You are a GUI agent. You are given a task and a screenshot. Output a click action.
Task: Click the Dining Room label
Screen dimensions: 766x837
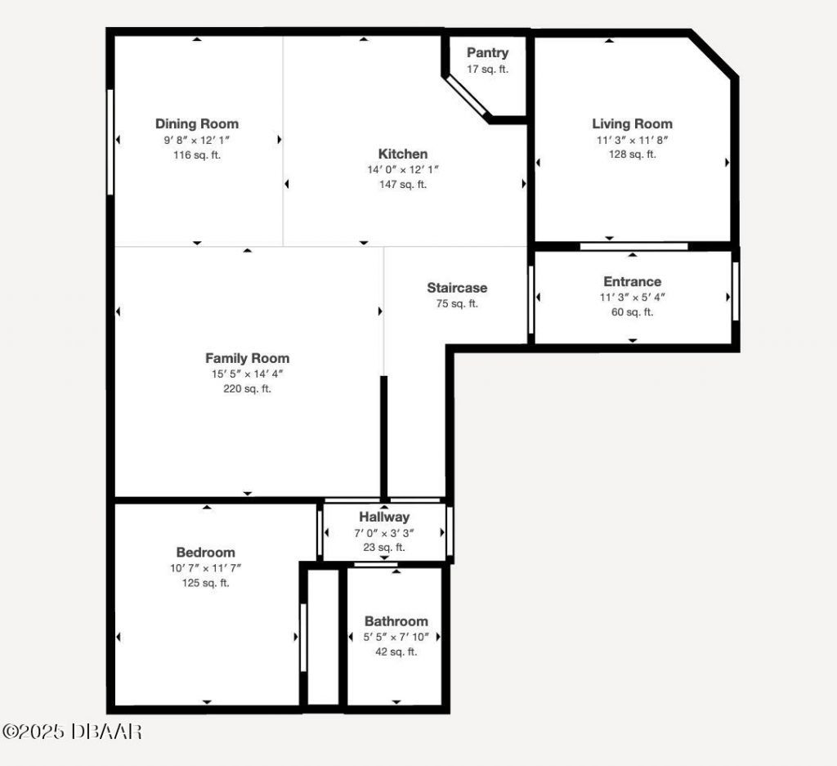pyautogui.click(x=197, y=124)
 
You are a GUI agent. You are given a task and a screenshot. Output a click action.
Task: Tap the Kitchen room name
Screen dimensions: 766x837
pyautogui.click(x=402, y=154)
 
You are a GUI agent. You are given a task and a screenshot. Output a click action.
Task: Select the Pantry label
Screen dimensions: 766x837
pyautogui.click(x=487, y=53)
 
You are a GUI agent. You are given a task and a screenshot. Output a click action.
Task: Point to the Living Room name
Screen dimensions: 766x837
pyautogui.click(x=632, y=124)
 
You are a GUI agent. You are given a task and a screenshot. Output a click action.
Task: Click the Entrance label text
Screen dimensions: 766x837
pyautogui.click(x=632, y=282)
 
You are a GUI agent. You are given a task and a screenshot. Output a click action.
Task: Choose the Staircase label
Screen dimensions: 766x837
pyautogui.click(x=457, y=288)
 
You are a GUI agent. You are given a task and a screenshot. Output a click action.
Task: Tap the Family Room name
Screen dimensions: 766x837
pyautogui.click(x=247, y=358)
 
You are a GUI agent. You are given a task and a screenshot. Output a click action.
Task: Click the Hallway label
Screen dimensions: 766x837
pyautogui.click(x=384, y=517)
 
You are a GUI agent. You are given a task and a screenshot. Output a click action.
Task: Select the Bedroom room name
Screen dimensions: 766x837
pyautogui.click(x=205, y=553)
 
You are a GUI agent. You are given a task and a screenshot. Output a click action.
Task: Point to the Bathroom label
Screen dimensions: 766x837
pyautogui.click(x=396, y=621)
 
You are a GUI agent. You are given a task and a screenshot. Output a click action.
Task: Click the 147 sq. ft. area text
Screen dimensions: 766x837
pyautogui.click(x=402, y=185)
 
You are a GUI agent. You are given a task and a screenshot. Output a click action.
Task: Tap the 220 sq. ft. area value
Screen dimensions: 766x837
pyautogui.click(x=247, y=389)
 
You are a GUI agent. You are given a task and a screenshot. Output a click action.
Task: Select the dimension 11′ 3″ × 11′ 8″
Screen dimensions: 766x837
pyautogui.click(x=632, y=140)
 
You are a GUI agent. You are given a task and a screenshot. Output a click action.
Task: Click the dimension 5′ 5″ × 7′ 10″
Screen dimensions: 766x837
pyautogui.click(x=396, y=637)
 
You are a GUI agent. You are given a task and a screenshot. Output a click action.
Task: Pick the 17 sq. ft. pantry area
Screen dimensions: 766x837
pyautogui.click(x=487, y=69)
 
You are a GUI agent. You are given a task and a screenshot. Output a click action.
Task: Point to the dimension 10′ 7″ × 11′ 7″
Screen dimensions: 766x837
pyautogui.click(x=205, y=568)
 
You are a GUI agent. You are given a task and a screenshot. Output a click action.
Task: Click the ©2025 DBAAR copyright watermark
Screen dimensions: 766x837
pyautogui.click(x=72, y=732)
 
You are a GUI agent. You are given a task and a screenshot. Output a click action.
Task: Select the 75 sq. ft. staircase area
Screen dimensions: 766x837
pyautogui.click(x=457, y=304)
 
